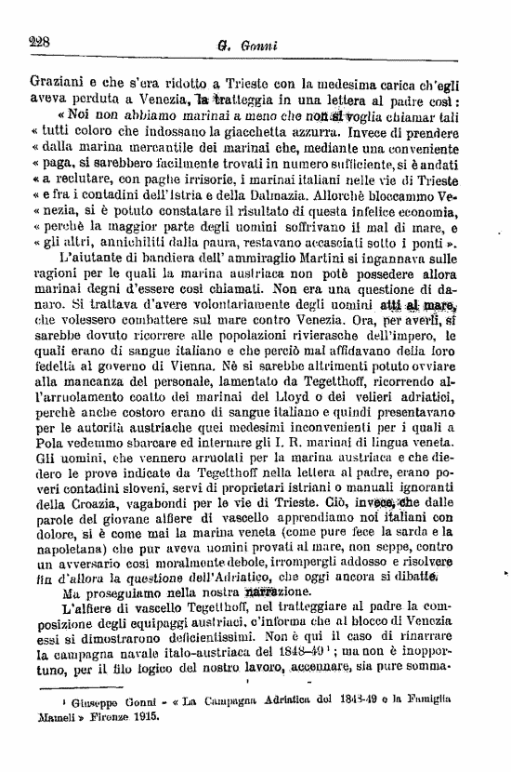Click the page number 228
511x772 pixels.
pyautogui.click(x=39, y=41)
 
